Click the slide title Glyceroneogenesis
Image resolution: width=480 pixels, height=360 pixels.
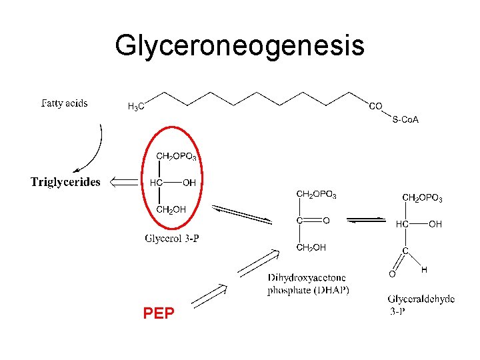[x=239, y=46]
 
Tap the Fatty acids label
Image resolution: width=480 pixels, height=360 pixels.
[x=65, y=104]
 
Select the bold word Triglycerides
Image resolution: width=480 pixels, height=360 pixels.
[x=65, y=182]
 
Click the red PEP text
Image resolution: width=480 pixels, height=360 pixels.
[x=159, y=313]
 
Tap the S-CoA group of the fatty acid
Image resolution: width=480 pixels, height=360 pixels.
[x=405, y=120]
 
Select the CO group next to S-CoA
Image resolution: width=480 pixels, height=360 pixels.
[x=375, y=106]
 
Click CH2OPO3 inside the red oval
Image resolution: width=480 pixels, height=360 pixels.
[x=176, y=157]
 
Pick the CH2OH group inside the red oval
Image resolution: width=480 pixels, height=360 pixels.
[x=171, y=210]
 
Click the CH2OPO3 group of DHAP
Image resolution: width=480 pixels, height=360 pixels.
[x=316, y=195]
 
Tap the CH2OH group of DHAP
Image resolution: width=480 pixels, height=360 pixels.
[x=311, y=247]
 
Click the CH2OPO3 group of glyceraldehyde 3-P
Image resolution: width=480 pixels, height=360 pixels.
[x=422, y=198]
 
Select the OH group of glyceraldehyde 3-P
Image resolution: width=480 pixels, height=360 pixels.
[x=435, y=225]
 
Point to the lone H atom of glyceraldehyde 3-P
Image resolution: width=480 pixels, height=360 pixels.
[x=424, y=269]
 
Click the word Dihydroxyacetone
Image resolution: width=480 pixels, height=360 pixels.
[x=307, y=277]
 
